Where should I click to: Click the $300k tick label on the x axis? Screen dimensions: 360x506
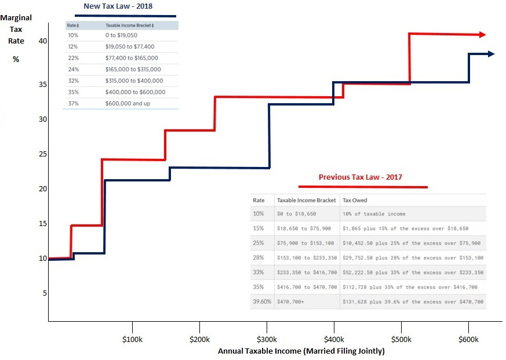pos(266,339)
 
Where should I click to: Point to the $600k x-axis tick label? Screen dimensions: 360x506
pos(468,339)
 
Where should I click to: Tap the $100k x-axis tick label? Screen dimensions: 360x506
pos(132,339)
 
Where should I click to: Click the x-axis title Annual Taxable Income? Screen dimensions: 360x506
pos(301,351)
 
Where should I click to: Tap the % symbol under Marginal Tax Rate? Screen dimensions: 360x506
pos(16,60)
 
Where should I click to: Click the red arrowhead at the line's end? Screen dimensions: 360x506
pos(482,35)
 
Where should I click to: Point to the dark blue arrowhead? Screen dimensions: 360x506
pos(490,54)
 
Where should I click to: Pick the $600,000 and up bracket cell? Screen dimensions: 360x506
pos(129,103)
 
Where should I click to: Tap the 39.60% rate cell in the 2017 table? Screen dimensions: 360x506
pos(262,301)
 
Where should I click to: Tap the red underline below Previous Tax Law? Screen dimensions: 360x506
pos(363,187)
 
